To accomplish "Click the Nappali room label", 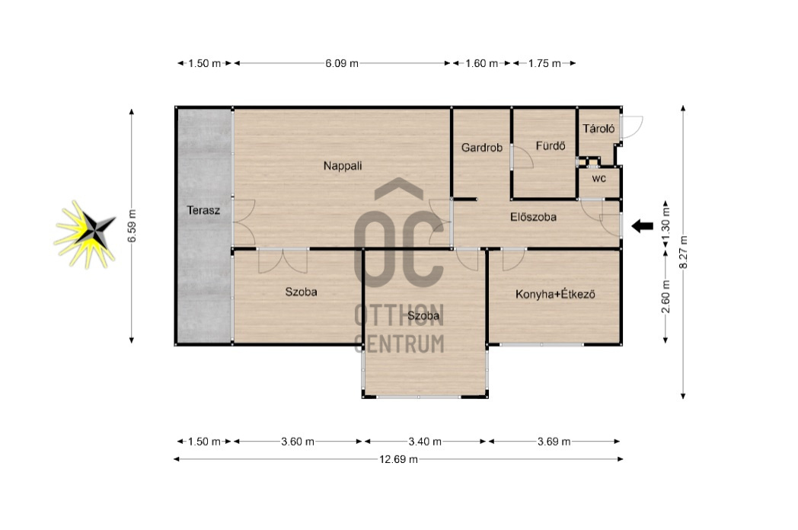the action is (343, 166).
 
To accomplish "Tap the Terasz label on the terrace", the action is (203, 210).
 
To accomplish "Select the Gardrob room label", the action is (481, 148).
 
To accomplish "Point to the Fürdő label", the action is (551, 146).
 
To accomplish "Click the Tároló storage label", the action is (598, 128).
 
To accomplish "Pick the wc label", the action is (599, 179).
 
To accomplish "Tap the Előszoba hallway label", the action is (533, 217).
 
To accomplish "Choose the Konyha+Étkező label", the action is (555, 294).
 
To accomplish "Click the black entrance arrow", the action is (642, 225).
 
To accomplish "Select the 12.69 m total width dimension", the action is (398, 459).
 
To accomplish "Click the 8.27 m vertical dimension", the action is (683, 252).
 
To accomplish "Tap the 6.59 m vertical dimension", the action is (132, 226).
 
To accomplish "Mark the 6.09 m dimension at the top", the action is (342, 64).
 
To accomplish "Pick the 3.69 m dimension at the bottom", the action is (554, 442).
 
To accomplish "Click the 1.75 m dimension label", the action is (544, 64).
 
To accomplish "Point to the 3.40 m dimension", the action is (425, 442).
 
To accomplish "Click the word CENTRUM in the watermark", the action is (400, 343).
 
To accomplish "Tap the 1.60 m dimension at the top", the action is (482, 64).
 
